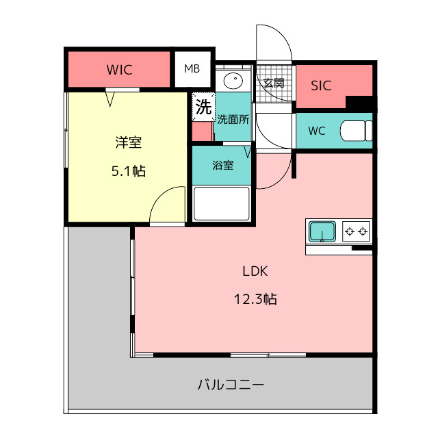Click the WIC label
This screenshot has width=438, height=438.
[119, 70]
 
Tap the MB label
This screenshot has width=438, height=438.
[192, 68]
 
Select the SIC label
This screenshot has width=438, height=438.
[321, 86]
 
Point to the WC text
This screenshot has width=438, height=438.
[317, 131]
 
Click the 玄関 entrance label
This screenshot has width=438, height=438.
[274, 83]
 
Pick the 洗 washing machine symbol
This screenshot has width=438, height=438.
[203, 107]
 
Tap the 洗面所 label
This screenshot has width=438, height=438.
[233, 120]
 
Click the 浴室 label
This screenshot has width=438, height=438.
[223, 165]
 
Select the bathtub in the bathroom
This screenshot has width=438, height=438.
[222, 203]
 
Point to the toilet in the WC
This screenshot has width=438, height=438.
[356, 131]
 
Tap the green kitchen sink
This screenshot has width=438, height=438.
[322, 231]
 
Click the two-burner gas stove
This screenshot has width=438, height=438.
[356, 231]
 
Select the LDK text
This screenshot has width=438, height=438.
[255, 271]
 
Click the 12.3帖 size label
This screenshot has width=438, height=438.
[255, 299]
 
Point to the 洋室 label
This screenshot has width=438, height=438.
[129, 142]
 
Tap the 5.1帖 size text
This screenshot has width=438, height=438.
[129, 171]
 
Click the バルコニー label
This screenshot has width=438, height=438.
[231, 385]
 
